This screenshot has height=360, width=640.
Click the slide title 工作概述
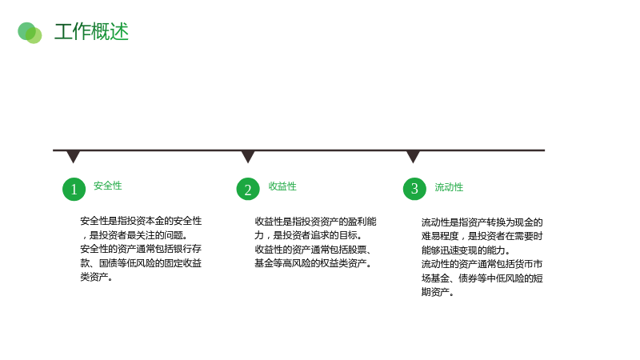pyautogui.click(x=91, y=32)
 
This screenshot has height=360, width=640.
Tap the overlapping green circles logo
pyautogui.click(x=30, y=33)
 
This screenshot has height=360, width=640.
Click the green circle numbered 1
pyautogui.click(x=74, y=189)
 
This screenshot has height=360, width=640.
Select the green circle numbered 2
pyautogui.click(x=248, y=189)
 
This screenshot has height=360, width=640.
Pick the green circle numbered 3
pyautogui.click(x=414, y=188)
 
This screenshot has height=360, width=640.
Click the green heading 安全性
pyautogui.click(x=108, y=186)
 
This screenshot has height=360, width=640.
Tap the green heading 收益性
pyautogui.click(x=282, y=186)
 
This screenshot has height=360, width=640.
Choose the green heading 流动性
pyautogui.click(x=449, y=187)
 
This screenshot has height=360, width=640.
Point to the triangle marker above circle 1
pyautogui.click(x=73, y=156)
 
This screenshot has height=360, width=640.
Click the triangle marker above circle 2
pyautogui.click(x=248, y=156)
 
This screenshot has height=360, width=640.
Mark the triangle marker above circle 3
pyautogui.click(x=413, y=156)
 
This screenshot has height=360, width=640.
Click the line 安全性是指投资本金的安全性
pyautogui.click(x=141, y=221)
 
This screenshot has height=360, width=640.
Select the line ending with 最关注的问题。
pyautogui.click(x=134, y=235)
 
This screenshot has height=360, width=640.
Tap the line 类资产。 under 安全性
pyautogui.click(x=96, y=277)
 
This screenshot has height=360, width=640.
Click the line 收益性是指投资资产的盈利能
pyautogui.click(x=315, y=222)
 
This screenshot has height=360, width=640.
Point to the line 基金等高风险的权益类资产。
pyautogui.click(x=313, y=264)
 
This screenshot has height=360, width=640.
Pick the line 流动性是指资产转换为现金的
pyautogui.click(x=482, y=222)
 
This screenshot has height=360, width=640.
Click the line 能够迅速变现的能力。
pyautogui.click(x=466, y=250)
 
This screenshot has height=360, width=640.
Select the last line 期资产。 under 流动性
pyautogui.click(x=438, y=292)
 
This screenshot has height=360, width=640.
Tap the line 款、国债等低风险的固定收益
pyautogui.click(x=141, y=263)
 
